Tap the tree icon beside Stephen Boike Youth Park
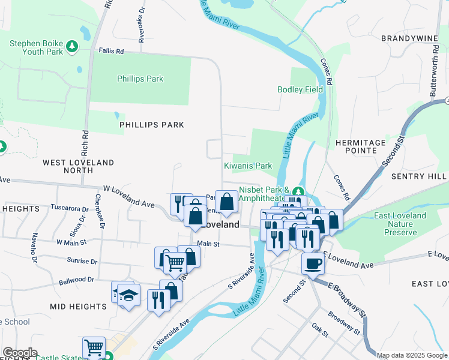[71, 46]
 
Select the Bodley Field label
[300, 89]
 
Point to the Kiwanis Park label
[248, 166]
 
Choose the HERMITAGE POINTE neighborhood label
[360, 148]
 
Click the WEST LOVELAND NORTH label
[78, 166]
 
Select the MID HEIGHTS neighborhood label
[79, 307]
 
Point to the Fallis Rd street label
[111, 52]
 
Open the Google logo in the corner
[20, 353]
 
